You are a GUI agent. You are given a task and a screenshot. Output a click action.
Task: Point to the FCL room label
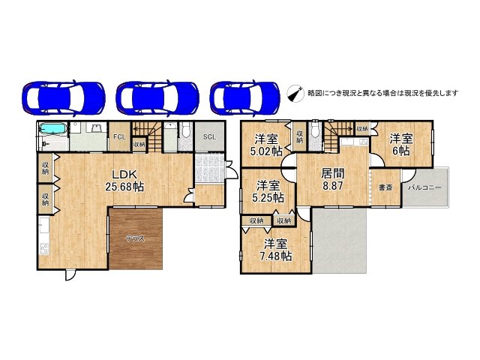click(x=118, y=137)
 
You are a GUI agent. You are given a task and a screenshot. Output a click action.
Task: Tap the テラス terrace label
click(x=134, y=238)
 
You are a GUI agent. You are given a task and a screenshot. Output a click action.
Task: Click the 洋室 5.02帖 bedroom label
click(x=267, y=145)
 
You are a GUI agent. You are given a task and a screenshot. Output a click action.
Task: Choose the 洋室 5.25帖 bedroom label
click(x=268, y=191)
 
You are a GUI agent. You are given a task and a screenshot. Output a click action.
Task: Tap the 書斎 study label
click(x=385, y=187)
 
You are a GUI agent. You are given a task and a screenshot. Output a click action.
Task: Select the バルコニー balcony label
click(x=424, y=187)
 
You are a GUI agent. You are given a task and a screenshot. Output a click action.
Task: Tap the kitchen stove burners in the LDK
click(x=43, y=248)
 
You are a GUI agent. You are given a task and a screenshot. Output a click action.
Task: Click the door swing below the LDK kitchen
click(x=69, y=275)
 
